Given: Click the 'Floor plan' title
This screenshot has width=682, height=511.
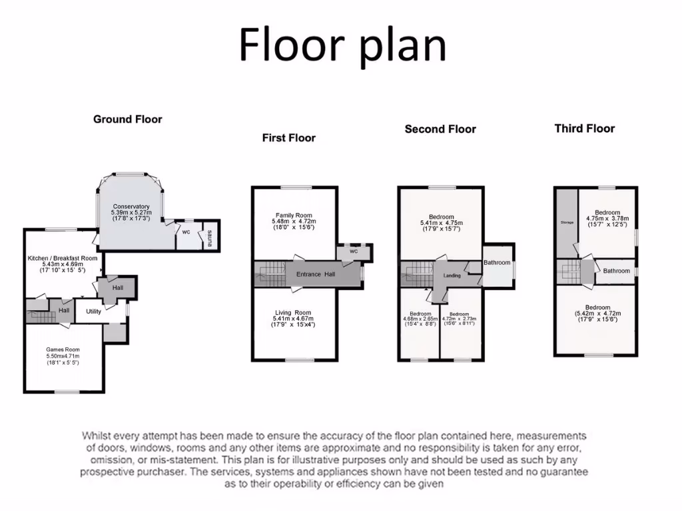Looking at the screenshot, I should (342, 45).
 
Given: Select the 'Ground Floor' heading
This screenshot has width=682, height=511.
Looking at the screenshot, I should (127, 119).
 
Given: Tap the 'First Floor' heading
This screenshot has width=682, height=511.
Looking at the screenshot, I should (288, 138).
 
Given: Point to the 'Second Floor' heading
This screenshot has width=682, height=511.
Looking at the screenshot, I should (440, 129).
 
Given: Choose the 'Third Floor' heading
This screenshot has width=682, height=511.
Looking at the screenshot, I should (584, 128).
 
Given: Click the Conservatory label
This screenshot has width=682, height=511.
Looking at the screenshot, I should (131, 206).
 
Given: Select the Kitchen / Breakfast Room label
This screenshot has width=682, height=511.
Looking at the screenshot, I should (63, 258).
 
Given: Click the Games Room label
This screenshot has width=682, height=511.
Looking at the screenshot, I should (63, 349).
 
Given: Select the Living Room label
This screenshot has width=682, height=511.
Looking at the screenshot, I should (293, 313).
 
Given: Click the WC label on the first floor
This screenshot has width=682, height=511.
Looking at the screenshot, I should (353, 252).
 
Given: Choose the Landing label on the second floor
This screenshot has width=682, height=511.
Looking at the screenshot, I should (452, 275).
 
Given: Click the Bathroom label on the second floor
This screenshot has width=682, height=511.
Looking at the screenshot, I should (497, 263).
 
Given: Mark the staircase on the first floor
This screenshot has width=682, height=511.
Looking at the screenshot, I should (269, 274).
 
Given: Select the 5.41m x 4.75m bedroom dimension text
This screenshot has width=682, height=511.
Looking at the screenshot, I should (441, 223).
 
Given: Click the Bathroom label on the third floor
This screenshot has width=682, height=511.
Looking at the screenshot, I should (616, 271).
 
